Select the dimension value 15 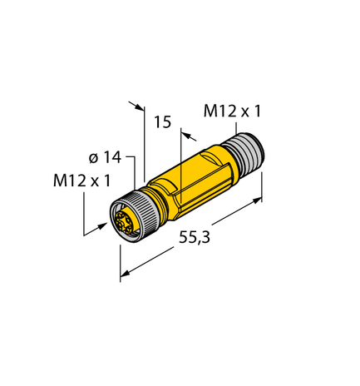click(x=163, y=122)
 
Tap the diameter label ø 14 click(x=102, y=156)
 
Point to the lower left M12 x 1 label click(x=82, y=181)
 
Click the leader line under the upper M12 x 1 click(x=239, y=124)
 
